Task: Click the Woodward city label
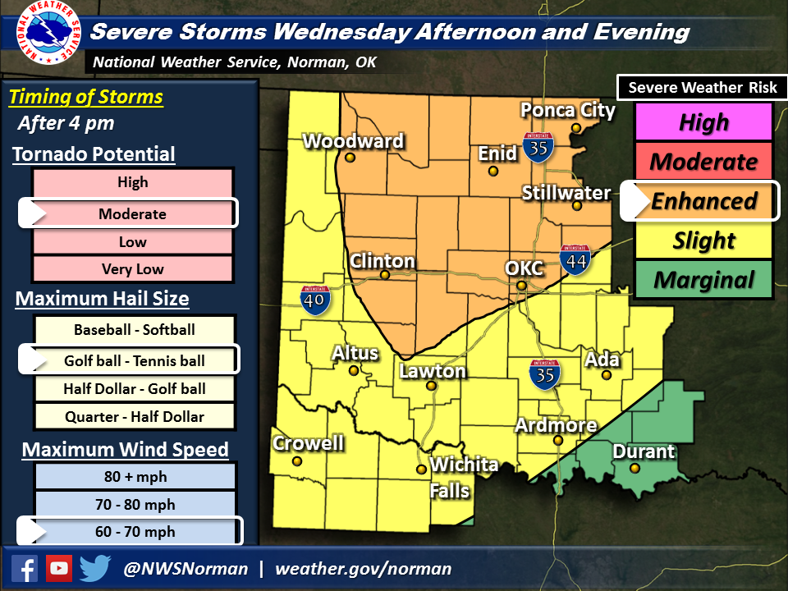pos(353,141)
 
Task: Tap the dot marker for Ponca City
pos(577,128)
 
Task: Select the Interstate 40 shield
pos(316,300)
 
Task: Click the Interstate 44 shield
pos(574,259)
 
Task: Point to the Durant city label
pos(644,451)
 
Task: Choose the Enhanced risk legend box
pos(703,201)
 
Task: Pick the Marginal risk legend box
pos(703,280)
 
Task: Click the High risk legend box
pos(703,122)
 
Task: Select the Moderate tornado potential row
pos(133,214)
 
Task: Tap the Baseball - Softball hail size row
pos(135,330)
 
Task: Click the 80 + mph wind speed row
pos(135,477)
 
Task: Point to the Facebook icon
pos(25,568)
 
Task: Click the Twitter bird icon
pos(95,568)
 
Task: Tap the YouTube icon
pos(59,568)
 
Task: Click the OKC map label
pos(522,269)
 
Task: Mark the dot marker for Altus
pos(354,370)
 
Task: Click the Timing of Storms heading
pos(86,98)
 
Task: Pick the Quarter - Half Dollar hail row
pos(135,416)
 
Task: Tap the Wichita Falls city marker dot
pos(421,470)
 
